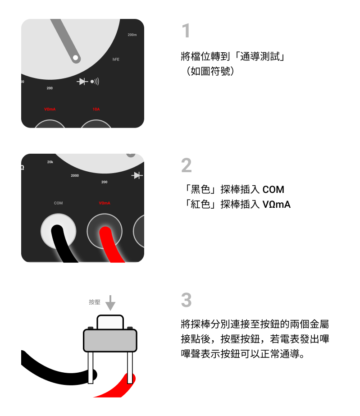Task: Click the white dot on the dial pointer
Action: click(x=75, y=58)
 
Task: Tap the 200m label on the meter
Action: click(x=132, y=35)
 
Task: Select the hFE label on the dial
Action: click(x=116, y=59)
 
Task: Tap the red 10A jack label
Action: click(x=96, y=109)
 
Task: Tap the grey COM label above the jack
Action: click(x=59, y=203)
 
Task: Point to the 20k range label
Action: click(x=50, y=162)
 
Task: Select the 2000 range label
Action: click(x=75, y=175)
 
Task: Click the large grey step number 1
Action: click(x=186, y=31)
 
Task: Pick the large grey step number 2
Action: click(x=187, y=165)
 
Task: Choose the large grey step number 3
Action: click(x=187, y=300)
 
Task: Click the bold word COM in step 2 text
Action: click(x=273, y=189)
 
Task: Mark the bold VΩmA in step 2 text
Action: click(x=277, y=204)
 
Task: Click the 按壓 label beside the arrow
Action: click(x=95, y=302)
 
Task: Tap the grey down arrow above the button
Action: click(x=110, y=303)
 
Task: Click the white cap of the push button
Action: click(x=110, y=322)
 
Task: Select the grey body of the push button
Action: click(x=110, y=341)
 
